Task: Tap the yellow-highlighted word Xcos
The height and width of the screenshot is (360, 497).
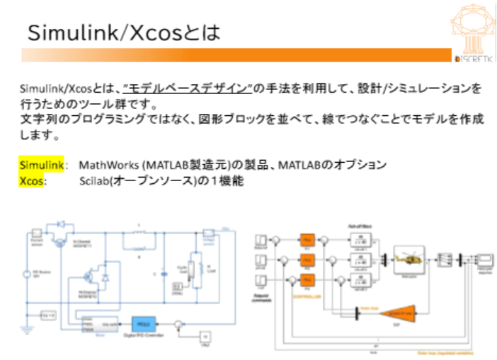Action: [33, 181]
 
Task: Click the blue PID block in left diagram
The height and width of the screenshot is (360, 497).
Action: [142, 318]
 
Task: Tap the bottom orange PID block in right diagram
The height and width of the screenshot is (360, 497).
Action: [307, 279]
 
